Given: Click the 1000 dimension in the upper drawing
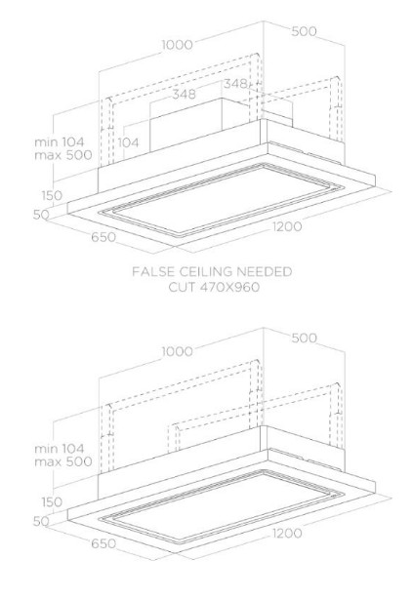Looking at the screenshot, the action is [x=178, y=45].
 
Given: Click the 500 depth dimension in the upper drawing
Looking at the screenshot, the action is [x=304, y=31].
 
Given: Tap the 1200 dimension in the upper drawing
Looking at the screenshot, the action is [x=287, y=226].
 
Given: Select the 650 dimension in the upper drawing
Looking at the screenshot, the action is [x=103, y=237].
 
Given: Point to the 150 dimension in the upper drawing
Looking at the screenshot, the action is [x=52, y=195].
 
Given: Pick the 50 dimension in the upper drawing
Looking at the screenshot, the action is [x=41, y=215].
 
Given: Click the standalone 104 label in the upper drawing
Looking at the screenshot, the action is [x=128, y=142].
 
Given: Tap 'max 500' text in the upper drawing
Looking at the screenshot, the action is [x=63, y=155].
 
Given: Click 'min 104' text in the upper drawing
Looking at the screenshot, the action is [x=60, y=142].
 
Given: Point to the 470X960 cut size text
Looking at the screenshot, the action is [x=229, y=287].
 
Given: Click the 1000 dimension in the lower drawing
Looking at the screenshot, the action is [x=178, y=351].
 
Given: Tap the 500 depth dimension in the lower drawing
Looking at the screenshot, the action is [x=304, y=338].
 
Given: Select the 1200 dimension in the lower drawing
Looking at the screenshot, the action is [x=287, y=533].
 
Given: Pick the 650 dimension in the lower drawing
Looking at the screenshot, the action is [x=103, y=543].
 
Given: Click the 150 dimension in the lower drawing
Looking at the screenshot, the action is [x=52, y=501].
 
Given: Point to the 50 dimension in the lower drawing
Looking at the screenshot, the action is [x=41, y=521].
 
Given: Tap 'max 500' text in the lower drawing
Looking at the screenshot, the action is [x=63, y=461].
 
